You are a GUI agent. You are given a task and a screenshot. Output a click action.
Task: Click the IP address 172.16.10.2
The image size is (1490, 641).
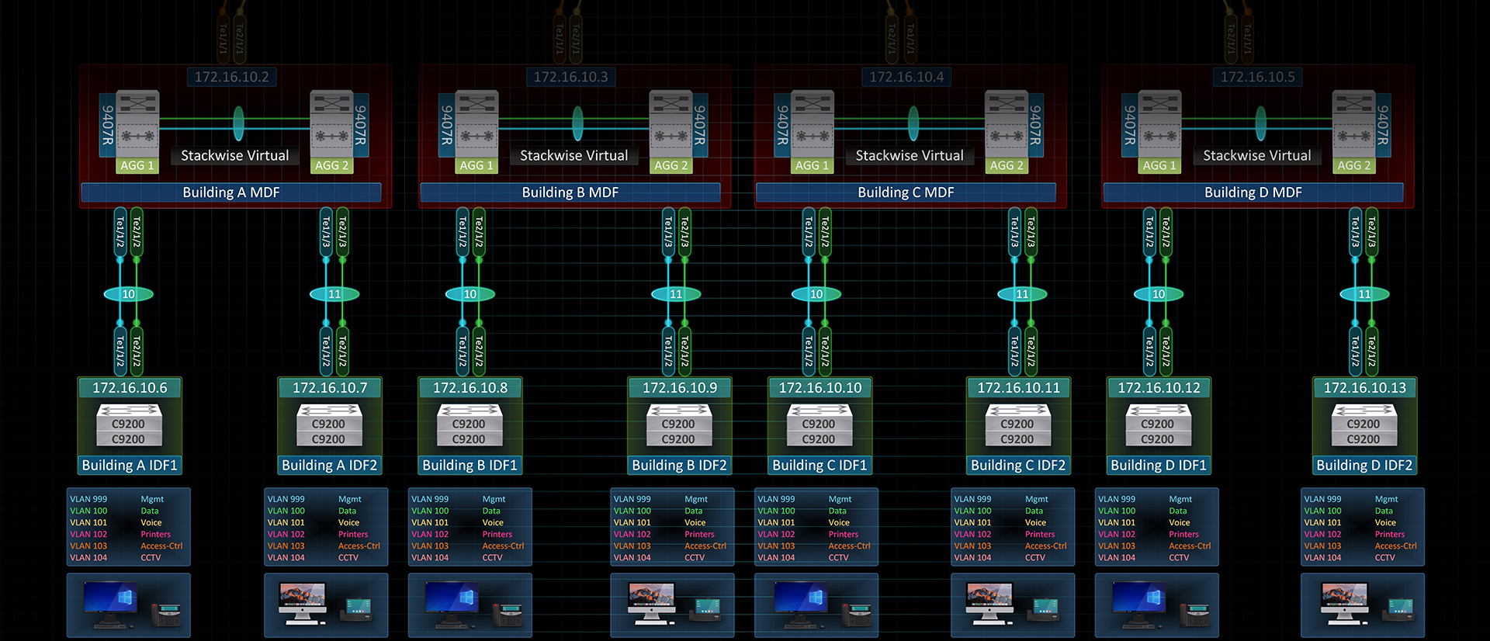pyautogui.click(x=231, y=77)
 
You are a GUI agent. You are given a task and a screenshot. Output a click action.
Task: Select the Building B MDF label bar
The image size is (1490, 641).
pyautogui.click(x=570, y=192)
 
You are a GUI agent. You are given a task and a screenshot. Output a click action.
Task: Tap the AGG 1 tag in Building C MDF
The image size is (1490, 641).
pyautogui.click(x=812, y=165)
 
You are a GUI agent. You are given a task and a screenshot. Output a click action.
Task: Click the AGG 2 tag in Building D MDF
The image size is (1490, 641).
pyautogui.click(x=1353, y=165)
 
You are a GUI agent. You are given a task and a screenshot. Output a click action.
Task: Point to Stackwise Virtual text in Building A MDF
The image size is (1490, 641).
pyautogui.click(x=234, y=156)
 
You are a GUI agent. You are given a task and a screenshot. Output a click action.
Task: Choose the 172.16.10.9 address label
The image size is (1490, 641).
pyautogui.click(x=679, y=388)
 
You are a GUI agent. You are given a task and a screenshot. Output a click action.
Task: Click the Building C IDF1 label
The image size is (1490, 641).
pyautogui.click(x=819, y=466)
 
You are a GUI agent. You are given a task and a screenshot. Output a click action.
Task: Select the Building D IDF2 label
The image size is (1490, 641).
pyautogui.click(x=1364, y=466)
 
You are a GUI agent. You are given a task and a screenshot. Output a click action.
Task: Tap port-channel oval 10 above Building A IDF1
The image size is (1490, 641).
pyautogui.click(x=129, y=294)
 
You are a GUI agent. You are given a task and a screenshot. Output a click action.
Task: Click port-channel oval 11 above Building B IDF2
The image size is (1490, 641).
pyautogui.click(x=676, y=294)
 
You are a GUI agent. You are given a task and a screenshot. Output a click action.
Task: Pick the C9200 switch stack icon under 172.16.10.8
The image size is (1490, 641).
pyautogui.click(x=470, y=425)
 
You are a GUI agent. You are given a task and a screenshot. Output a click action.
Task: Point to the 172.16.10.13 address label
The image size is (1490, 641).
pyautogui.click(x=1364, y=388)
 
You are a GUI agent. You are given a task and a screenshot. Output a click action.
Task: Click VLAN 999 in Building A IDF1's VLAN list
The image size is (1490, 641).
pyautogui.click(x=88, y=499)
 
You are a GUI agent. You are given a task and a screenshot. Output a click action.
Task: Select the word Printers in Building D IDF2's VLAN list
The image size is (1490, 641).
pyautogui.click(x=1389, y=534)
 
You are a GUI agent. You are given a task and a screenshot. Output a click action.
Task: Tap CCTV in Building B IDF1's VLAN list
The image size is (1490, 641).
pyautogui.click(x=492, y=557)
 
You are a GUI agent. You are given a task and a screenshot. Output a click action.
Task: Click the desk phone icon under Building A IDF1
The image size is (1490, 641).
pyautogui.click(x=166, y=614)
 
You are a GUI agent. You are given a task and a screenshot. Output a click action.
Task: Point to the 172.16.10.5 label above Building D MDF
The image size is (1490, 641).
pyautogui.click(x=1257, y=77)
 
